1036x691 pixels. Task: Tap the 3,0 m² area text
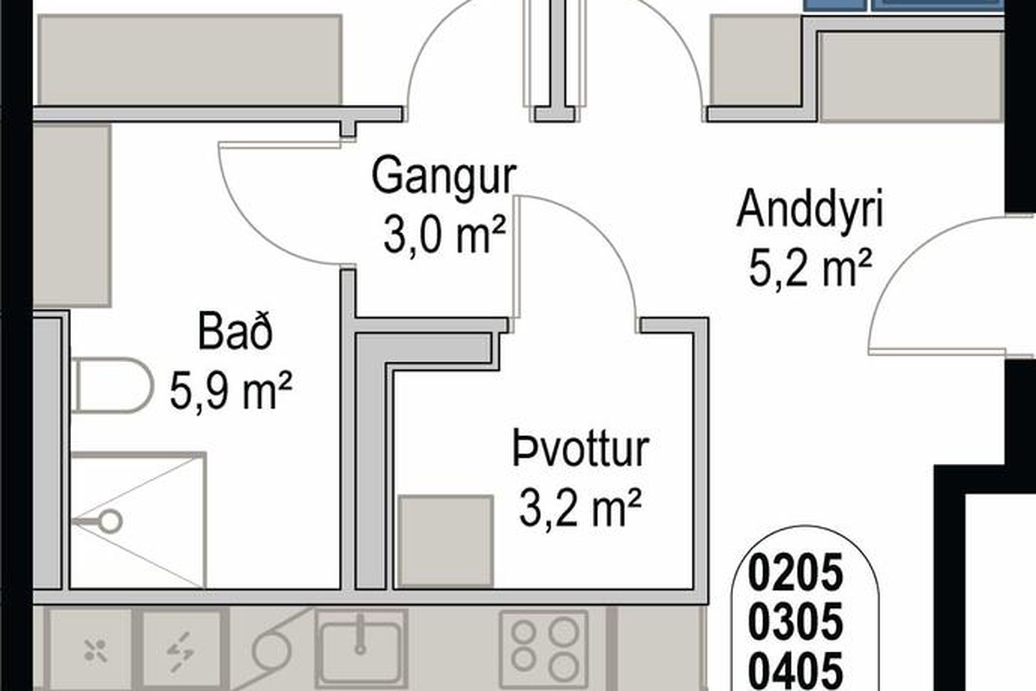coord(445,236)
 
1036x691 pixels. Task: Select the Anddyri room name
coord(810,209)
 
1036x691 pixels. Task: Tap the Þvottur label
coord(581,449)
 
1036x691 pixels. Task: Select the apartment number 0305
coord(795,621)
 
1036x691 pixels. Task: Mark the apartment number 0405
coord(795,669)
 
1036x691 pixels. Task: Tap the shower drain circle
coord(112,521)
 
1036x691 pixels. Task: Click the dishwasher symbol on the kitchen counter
coord(96,650)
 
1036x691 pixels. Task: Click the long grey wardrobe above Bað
coord(190,59)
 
